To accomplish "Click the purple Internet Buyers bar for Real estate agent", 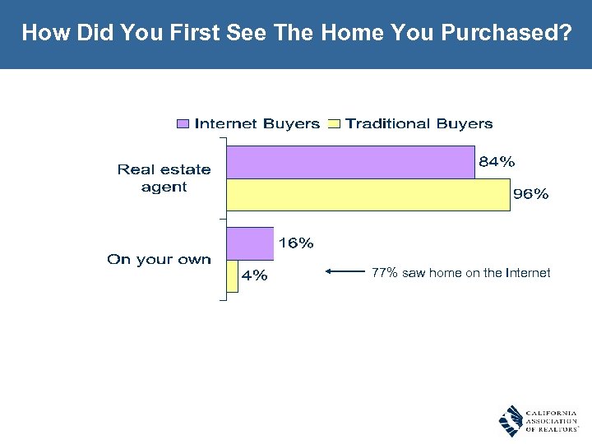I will [x=350, y=163].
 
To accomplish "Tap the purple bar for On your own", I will [x=250, y=243].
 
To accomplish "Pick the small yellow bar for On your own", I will [x=232, y=276].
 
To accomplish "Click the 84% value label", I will [x=497, y=162].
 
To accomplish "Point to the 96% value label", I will [x=530, y=195].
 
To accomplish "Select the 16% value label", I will [x=296, y=243].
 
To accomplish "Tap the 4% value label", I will [x=254, y=276].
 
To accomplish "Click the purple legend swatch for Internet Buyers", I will [x=183, y=124].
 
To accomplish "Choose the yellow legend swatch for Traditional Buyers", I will [x=334, y=124].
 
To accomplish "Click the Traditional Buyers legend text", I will [x=419, y=124].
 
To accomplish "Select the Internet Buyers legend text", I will [x=257, y=124].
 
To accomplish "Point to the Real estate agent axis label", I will [x=164, y=178].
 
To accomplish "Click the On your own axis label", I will [x=159, y=260].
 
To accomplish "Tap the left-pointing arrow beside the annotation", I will [x=345, y=271].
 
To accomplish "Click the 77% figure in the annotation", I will [x=385, y=272].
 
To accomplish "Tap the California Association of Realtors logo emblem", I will [x=511, y=420].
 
